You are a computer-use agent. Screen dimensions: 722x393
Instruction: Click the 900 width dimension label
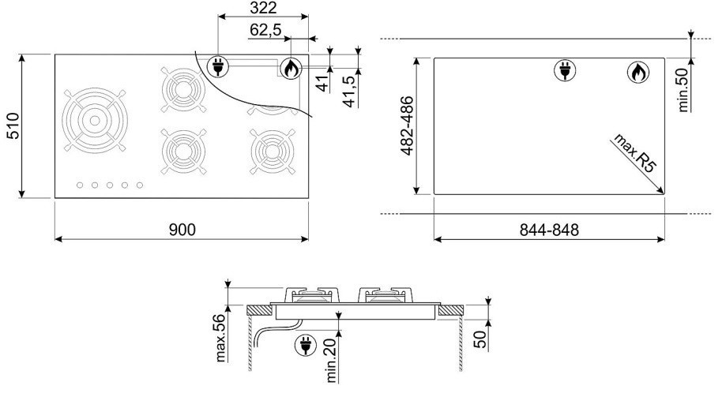click(182, 229)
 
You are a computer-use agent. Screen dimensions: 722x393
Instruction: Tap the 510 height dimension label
click(13, 125)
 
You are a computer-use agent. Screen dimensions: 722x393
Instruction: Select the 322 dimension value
click(263, 7)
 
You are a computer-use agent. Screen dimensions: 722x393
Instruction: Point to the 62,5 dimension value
click(265, 30)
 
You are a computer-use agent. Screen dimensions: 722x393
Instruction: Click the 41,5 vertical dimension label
click(351, 91)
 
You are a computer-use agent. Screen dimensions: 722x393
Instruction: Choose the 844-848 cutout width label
click(549, 230)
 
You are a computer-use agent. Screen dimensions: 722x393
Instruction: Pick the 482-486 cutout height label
click(407, 125)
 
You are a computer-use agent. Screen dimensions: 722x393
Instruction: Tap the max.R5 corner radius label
click(634, 153)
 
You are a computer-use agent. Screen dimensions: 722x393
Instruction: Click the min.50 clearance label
click(683, 90)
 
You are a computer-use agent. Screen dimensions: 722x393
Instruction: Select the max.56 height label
click(221, 338)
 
